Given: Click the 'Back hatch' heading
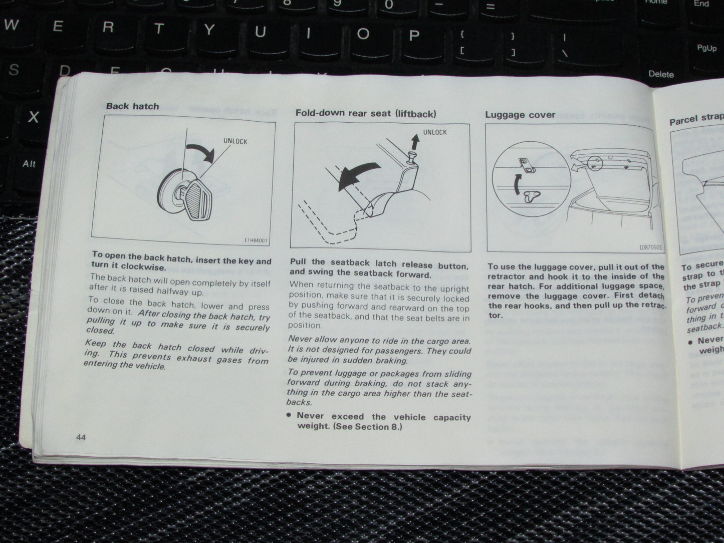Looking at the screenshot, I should tap(132, 106).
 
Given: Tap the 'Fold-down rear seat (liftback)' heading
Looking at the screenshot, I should tap(365, 113).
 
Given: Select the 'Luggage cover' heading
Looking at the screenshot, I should tap(520, 115).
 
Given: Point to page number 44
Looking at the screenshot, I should tap(81, 437).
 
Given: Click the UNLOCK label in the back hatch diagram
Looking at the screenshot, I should tap(235, 142).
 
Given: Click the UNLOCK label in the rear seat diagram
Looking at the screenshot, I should tap(434, 132).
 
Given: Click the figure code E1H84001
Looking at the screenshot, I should tap(256, 240).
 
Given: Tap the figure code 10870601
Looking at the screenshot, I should tap(650, 247).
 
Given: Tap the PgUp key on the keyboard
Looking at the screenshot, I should tap(706, 49).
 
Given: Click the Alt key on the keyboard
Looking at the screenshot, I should tap(29, 164).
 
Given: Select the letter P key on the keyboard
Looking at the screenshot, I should tap(414, 35).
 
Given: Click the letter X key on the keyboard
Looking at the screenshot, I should tap(33, 117).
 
